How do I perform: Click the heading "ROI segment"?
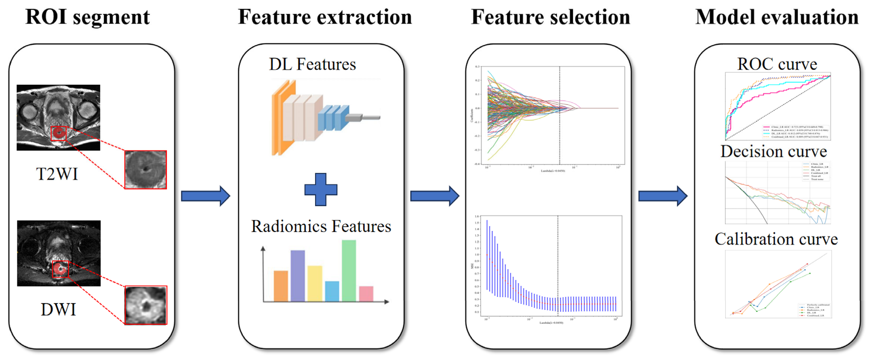point(87,17)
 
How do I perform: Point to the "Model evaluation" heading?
point(777,17)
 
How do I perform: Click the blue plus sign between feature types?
point(321,190)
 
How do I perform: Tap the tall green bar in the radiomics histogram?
point(349,271)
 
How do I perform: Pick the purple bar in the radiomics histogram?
point(298,276)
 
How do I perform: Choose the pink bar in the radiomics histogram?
point(366,294)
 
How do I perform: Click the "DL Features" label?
point(312,64)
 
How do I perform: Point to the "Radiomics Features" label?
point(321,226)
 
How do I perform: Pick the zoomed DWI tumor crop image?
point(146,305)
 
